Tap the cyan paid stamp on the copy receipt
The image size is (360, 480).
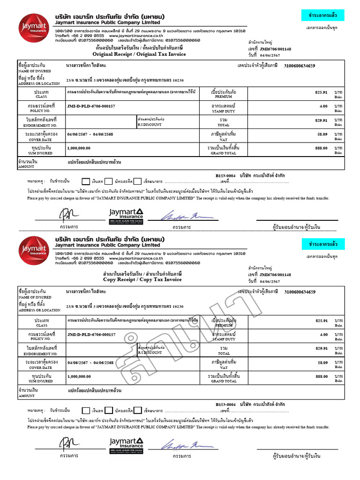pyautogui.click(x=322, y=244)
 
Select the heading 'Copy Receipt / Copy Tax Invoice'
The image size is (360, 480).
pyautogui.click(x=142, y=279)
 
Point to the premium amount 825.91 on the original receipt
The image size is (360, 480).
pyautogui.click(x=321, y=93)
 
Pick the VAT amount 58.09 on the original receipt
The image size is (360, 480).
pyautogui.click(x=321, y=134)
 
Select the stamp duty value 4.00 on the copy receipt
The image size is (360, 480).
pyautogui.click(x=323, y=335)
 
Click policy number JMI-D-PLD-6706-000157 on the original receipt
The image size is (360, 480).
pyautogui.click(x=91, y=106)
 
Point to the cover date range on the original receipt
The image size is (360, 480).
pyautogui.click(x=90, y=134)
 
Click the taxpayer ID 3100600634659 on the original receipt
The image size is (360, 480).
pyautogui.click(x=300, y=66)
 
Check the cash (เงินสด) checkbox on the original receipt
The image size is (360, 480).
pyautogui.click(x=86, y=181)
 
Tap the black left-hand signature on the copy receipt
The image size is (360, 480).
pyautogui.click(x=65, y=442)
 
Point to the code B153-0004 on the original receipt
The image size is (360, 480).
pyautogui.click(x=225, y=175)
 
